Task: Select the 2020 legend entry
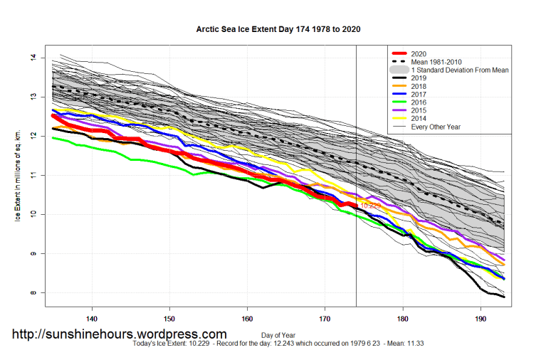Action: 420,53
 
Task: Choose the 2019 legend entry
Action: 420,79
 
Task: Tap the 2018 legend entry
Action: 420,88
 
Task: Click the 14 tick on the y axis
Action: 33,58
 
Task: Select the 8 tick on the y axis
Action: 33,293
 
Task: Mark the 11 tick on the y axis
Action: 33,175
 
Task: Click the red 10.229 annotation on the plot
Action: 372,206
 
